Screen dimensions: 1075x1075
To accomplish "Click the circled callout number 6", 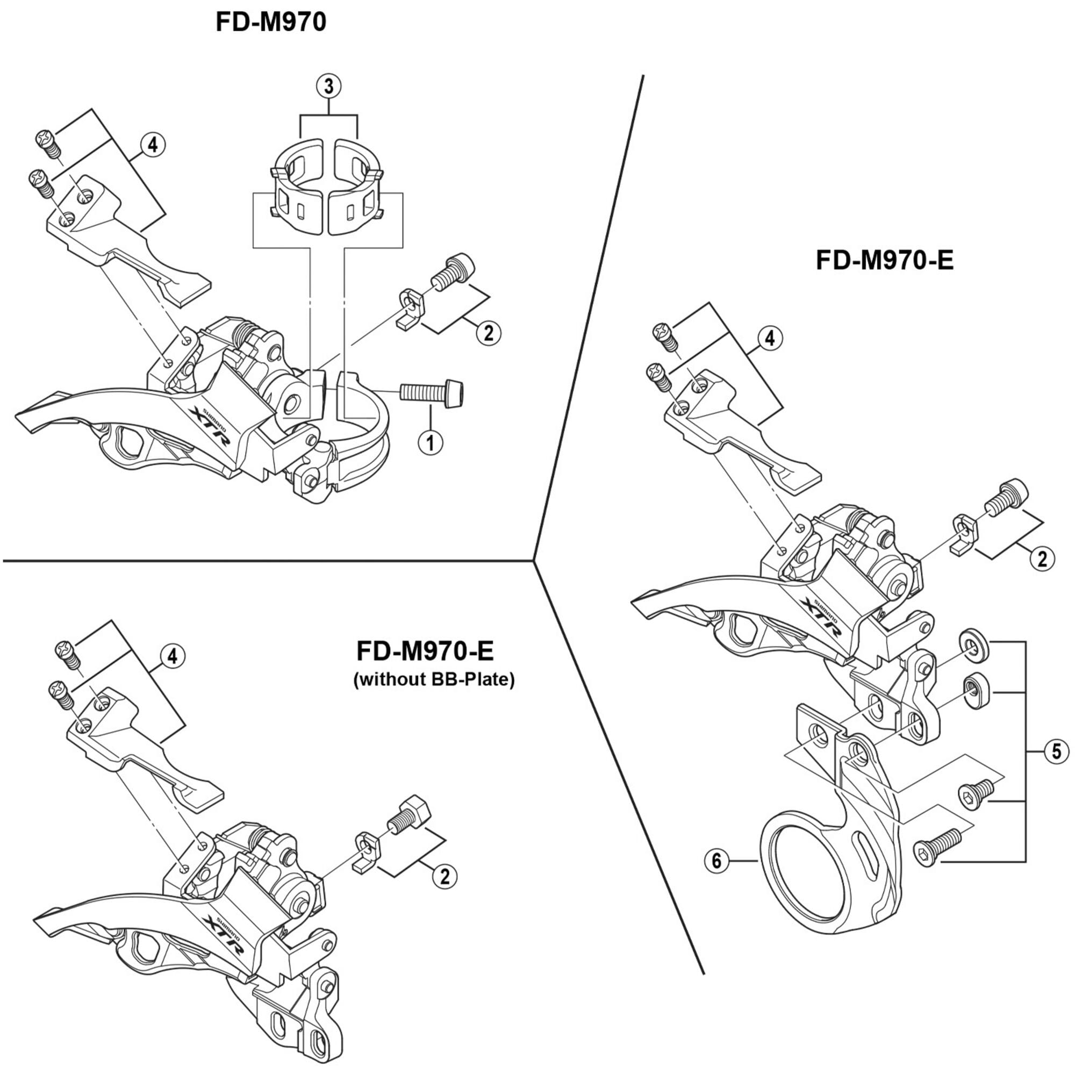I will pos(716,861).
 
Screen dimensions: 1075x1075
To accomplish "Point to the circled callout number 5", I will pos(1056,752).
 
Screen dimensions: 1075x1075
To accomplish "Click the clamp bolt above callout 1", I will pos(432,392).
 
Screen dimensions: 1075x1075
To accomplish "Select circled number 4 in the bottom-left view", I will pos(172,657).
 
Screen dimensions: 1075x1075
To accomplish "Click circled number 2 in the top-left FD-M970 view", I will pos(488,333).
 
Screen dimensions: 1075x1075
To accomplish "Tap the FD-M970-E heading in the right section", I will pos(884,260).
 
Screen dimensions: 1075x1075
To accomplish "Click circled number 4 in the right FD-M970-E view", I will pos(770,338).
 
